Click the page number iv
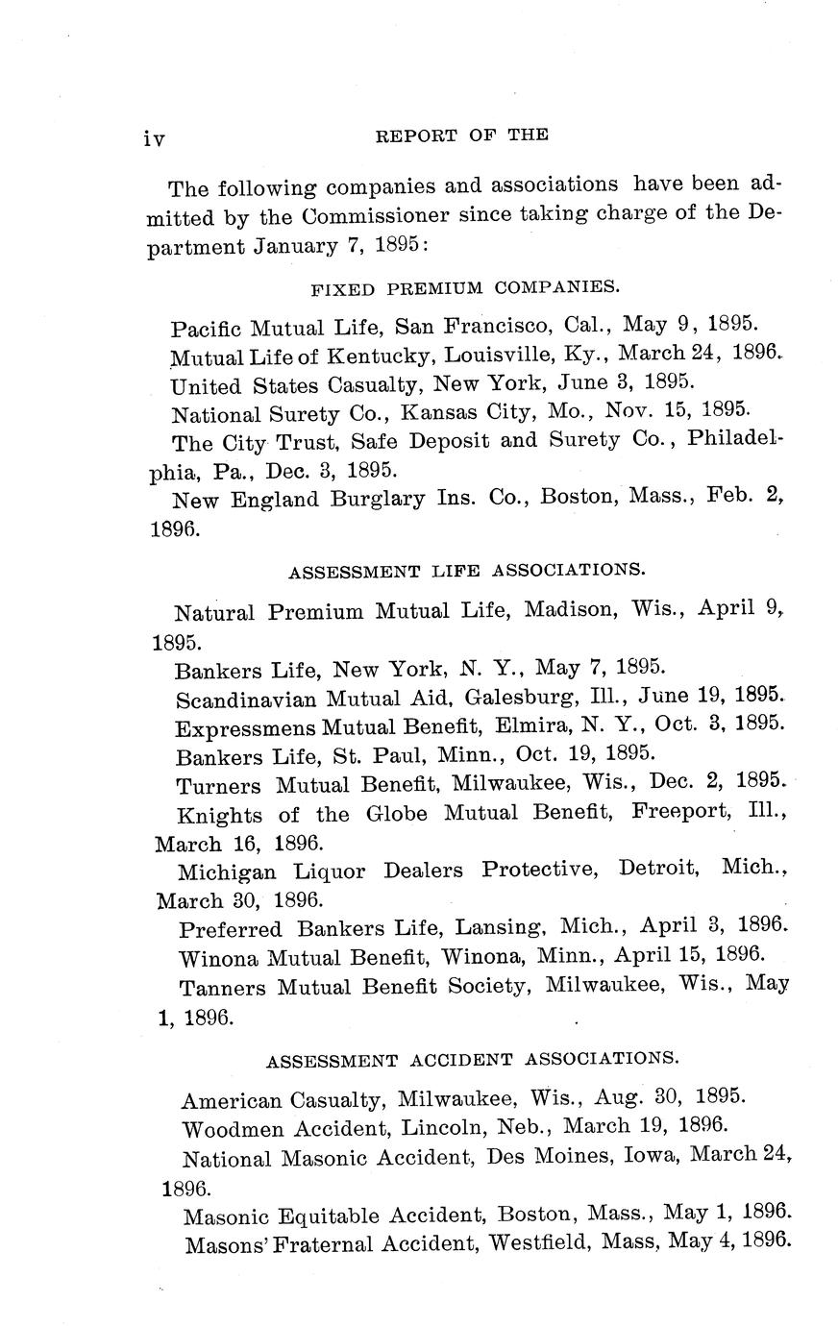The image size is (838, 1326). pos(154,139)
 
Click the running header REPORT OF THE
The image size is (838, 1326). pos(461,135)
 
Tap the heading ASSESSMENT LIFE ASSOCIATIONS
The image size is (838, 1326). pos(467,571)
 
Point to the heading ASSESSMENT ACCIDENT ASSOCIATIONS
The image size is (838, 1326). pos(472,1060)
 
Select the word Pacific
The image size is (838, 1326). pos(207,329)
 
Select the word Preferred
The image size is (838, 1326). pos(231,929)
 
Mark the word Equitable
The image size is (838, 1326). pos(328,1216)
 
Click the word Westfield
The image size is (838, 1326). pos(537,1242)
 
